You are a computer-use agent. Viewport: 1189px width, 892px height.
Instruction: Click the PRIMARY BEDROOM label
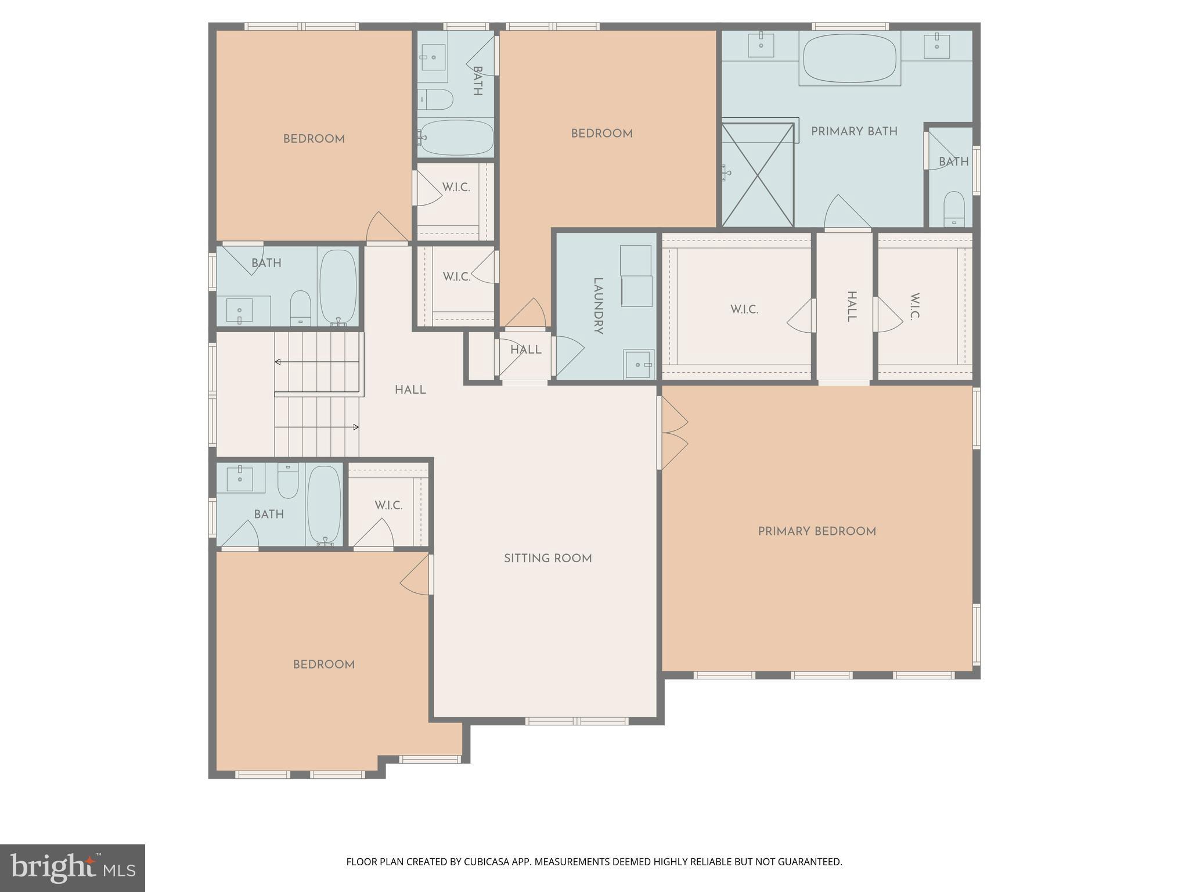pyautogui.click(x=817, y=531)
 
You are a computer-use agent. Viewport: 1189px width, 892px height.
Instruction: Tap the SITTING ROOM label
pyautogui.click(x=547, y=559)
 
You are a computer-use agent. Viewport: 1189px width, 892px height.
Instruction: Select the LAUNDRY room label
pyautogui.click(x=598, y=305)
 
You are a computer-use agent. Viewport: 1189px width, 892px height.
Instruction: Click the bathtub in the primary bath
pyautogui.click(x=849, y=59)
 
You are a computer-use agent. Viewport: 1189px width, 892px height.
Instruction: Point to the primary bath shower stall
pyautogui.click(x=757, y=175)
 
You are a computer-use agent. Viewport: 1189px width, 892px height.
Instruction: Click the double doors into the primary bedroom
pyautogui.click(x=673, y=433)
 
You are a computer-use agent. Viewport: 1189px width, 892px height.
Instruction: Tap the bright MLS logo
pyautogui.click(x=73, y=868)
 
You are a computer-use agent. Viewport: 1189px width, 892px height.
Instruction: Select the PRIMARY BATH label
pyautogui.click(x=854, y=132)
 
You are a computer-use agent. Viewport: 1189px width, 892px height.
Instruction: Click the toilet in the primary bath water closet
pyautogui.click(x=954, y=208)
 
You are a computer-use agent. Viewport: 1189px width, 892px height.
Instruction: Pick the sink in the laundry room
pyautogui.click(x=639, y=364)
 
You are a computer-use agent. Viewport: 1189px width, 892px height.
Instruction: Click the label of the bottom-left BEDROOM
pyautogui.click(x=323, y=664)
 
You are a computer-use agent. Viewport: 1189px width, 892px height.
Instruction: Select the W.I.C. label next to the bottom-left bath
pyautogui.click(x=388, y=505)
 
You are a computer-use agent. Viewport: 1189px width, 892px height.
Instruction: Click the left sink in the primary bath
pyautogui.click(x=761, y=45)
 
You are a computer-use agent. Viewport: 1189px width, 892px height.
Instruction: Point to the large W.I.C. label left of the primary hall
pyautogui.click(x=744, y=310)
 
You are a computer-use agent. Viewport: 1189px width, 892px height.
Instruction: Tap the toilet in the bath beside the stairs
pyautogui.click(x=300, y=308)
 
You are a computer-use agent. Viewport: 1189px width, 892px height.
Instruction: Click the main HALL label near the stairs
pyautogui.click(x=410, y=390)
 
